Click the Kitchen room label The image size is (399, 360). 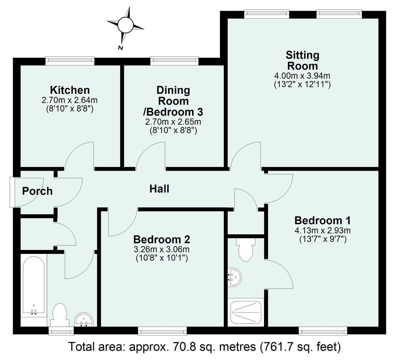(x=70, y=90)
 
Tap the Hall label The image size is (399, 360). (x=159, y=189)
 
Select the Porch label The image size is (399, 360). (x=37, y=191)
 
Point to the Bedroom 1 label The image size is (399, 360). (x=322, y=220)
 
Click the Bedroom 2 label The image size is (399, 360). (x=162, y=239)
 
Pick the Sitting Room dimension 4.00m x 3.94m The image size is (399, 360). (x=302, y=76)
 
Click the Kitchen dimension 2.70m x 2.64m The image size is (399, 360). (x=69, y=100)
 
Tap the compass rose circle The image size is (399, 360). (x=125, y=25)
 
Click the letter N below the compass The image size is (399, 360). (x=120, y=48)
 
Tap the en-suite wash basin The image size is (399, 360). (x=234, y=277)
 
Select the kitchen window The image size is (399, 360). (x=70, y=60)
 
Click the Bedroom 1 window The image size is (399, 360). (x=323, y=331)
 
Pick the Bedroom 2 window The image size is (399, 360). (x=162, y=331)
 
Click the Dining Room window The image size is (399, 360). (x=174, y=60)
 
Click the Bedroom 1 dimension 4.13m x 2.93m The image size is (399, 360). (x=323, y=231)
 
